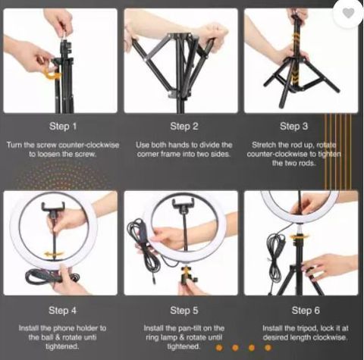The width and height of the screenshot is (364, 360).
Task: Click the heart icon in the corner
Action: click(x=348, y=13)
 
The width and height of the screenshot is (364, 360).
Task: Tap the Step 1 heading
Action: click(x=63, y=127)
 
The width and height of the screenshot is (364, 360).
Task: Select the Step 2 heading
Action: click(x=184, y=127)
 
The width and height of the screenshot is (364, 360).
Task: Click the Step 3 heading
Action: click(x=294, y=127)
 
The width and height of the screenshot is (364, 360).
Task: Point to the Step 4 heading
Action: click(x=62, y=311)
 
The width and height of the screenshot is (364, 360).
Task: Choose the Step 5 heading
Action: click(x=184, y=311)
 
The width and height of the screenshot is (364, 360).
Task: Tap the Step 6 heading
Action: click(x=306, y=311)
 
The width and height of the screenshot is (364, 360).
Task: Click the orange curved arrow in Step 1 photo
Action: click(x=52, y=75)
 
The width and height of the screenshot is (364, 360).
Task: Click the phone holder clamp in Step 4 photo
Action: click(x=54, y=207)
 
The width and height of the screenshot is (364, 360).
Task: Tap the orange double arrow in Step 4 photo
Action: click(x=53, y=254)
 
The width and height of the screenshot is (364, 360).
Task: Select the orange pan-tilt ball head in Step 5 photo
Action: click(x=187, y=273)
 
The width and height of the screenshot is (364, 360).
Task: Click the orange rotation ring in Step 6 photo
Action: click(x=300, y=236)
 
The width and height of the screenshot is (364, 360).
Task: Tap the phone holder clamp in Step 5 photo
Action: click(x=184, y=205)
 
